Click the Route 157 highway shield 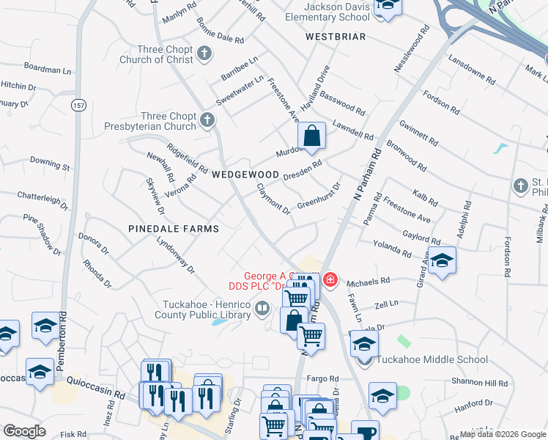pos(78,106)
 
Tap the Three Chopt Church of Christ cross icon pos(204,53)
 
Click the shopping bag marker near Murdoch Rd pos(311,136)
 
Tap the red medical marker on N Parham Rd pos(330,279)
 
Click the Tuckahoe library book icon pos(262,311)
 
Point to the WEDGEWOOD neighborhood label pos(245,175)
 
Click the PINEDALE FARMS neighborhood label pos(174,229)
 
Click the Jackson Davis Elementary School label pos(327,12)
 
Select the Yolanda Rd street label pos(391,249)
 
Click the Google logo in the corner pos(25,431)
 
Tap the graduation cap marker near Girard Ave pos(441,261)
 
